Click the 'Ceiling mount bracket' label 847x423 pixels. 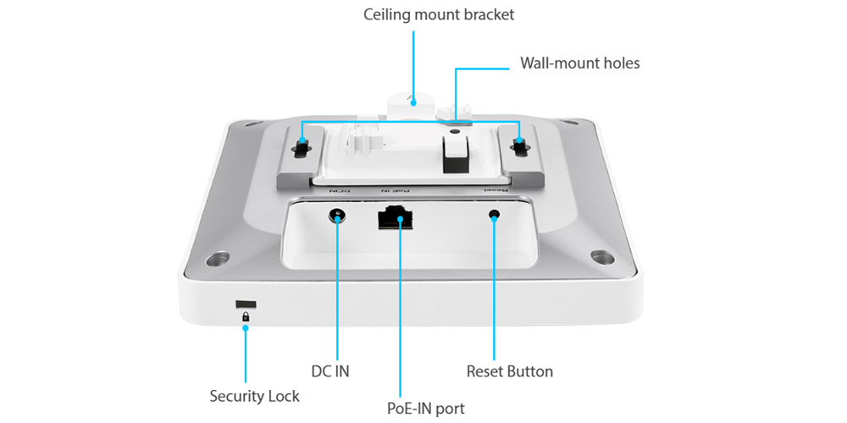coord(439,14)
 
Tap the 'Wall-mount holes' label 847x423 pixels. coord(579,63)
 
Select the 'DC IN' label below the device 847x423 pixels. coord(330,371)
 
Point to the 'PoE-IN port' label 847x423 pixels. coord(420,409)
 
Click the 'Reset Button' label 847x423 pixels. coord(509,371)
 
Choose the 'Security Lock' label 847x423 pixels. coord(254,395)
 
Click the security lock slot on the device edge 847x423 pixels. coord(246,302)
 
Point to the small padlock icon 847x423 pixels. coord(246,317)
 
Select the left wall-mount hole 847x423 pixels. coord(302,146)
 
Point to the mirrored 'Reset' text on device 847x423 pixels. coord(495,192)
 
